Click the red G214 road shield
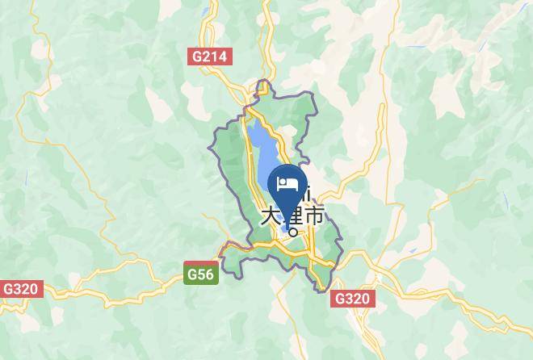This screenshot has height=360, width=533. tap(211, 57)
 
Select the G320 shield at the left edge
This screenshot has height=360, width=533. tap(19, 288)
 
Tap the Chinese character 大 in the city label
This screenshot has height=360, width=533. tap(271, 216)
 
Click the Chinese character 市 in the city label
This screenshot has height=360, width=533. tap(314, 216)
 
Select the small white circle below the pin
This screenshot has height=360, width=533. tap(293, 232)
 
